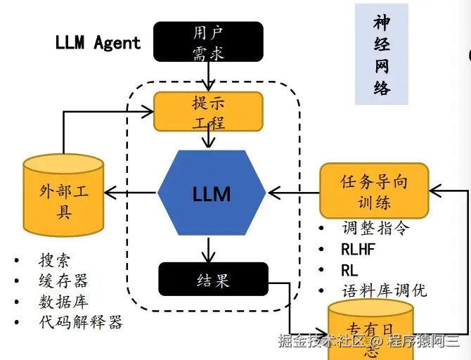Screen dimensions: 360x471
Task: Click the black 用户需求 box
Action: pyautogui.click(x=208, y=41)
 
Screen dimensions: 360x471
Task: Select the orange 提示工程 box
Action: pyautogui.click(x=208, y=111)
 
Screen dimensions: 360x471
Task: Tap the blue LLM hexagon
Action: pyautogui.click(x=212, y=193)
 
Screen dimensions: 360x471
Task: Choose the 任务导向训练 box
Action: pyautogui.click(x=374, y=191)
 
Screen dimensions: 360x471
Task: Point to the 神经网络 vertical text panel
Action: pyautogui.click(x=381, y=54)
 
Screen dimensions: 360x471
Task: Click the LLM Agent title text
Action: pyautogui.click(x=98, y=42)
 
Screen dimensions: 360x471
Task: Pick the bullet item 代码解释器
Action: pyautogui.click(x=80, y=322)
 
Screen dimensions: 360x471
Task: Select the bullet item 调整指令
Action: pyautogui.click(x=375, y=228)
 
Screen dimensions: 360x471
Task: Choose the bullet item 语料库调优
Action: pyautogui.click(x=384, y=290)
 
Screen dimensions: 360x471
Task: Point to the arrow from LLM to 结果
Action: pyautogui.click(x=208, y=249)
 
